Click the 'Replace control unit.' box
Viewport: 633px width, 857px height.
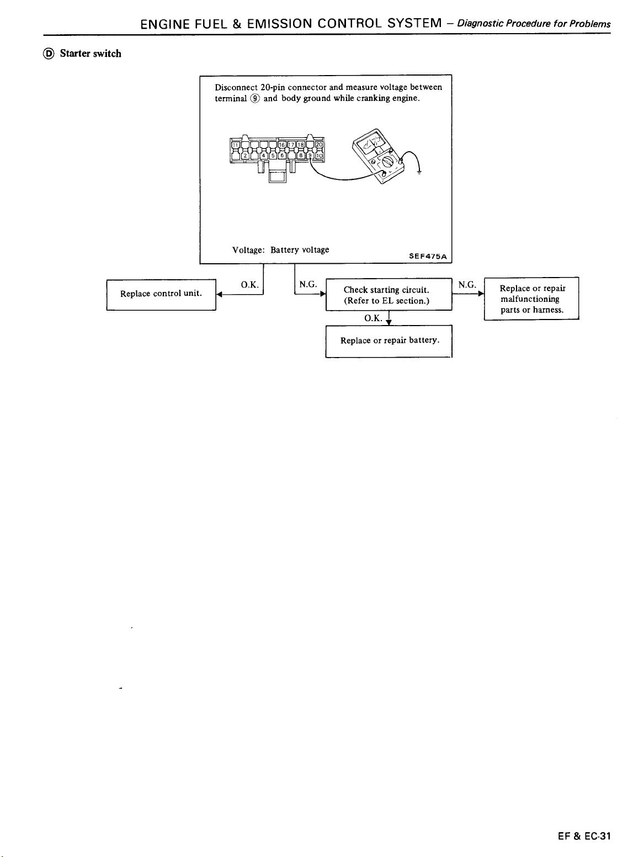[161, 295]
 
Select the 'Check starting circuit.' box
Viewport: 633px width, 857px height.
[389, 295]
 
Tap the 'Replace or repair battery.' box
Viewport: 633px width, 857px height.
[389, 341]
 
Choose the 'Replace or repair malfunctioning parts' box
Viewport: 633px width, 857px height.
[531, 299]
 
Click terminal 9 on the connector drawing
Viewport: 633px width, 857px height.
[310, 155]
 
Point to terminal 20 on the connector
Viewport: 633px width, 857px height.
[319, 145]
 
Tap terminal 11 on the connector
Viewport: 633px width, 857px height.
[235, 145]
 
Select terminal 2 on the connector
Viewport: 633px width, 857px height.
[244, 155]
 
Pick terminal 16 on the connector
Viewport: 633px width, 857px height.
[281, 145]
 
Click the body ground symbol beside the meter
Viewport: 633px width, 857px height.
[419, 172]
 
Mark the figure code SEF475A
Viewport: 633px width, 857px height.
[428, 256]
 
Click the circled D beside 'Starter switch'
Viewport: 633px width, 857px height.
[49, 54]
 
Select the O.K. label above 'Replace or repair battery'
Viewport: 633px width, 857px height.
[373, 318]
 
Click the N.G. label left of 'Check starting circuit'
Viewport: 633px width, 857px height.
[308, 285]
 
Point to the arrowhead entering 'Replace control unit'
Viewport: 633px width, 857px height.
[219, 295]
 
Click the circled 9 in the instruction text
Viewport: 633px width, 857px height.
[255, 99]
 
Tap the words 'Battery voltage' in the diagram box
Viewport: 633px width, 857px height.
[300, 250]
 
